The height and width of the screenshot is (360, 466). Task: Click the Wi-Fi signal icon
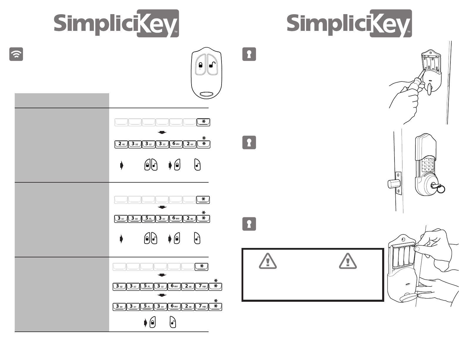click(x=16, y=54)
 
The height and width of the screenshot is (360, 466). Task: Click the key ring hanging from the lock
click(x=440, y=189)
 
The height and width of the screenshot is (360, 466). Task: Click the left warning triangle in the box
click(x=267, y=261)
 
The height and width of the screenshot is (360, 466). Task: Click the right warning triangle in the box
click(x=348, y=261)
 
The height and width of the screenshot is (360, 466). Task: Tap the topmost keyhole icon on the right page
click(x=249, y=54)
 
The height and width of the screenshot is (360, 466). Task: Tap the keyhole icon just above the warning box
click(x=249, y=224)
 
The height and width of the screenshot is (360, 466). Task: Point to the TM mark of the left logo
click(x=176, y=31)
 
